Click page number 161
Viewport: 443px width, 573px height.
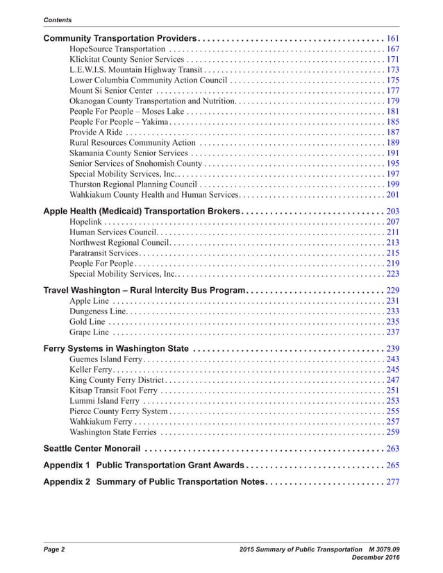pos(392,37)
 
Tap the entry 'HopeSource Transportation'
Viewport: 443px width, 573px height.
pos(117,49)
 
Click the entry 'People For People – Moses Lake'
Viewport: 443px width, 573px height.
pos(127,111)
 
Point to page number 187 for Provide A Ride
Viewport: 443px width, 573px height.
pos(392,132)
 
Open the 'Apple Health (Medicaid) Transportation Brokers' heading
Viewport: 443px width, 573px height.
pos(142,210)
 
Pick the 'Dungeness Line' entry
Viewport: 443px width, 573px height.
pos(98,311)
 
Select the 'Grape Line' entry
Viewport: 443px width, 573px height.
pos(90,332)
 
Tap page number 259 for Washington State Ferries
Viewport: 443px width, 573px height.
pos(392,432)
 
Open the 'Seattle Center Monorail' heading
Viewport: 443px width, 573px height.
pos(92,448)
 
